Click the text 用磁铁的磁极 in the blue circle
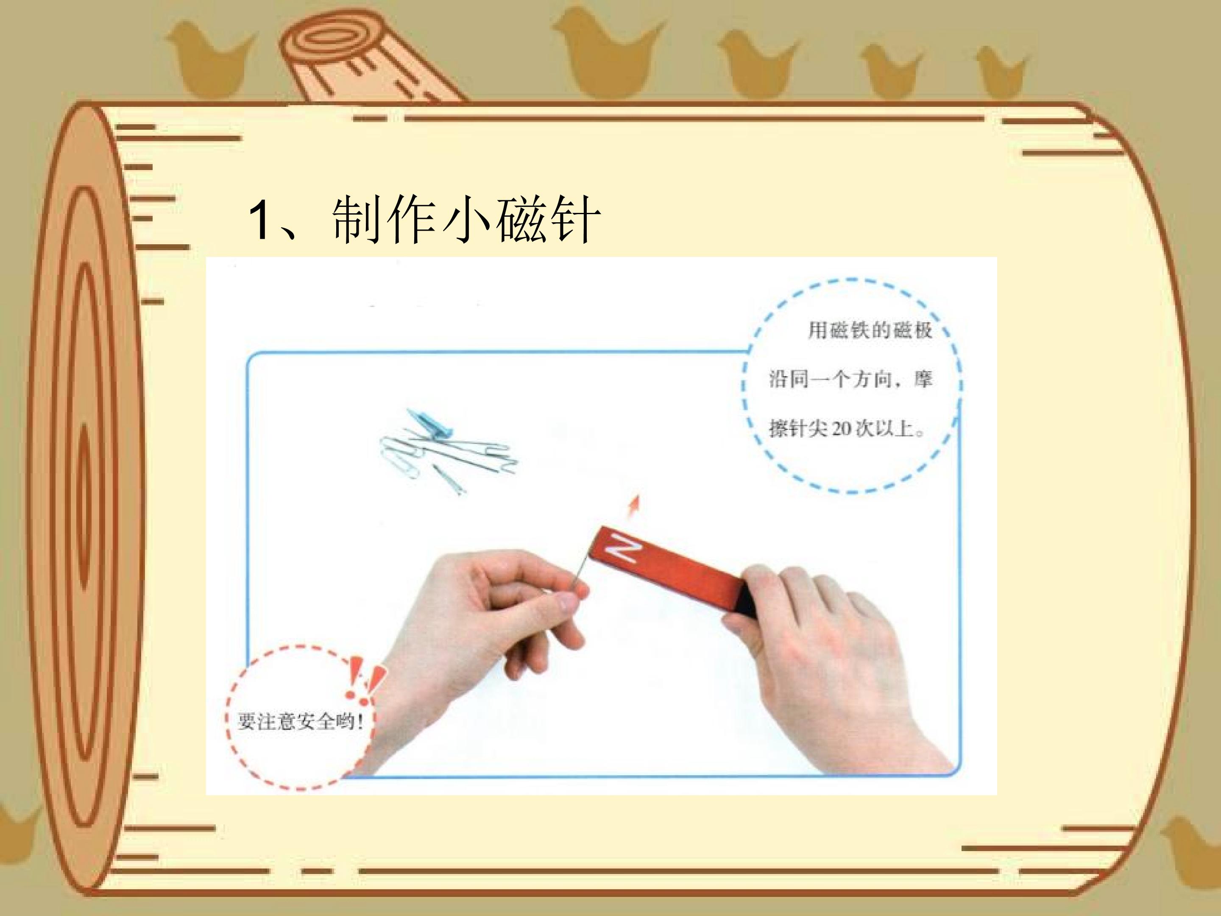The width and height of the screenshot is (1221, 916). point(870,330)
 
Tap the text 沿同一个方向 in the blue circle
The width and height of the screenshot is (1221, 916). point(831,379)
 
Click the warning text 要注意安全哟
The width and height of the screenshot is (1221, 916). point(296,721)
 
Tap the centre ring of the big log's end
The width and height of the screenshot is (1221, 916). point(83,505)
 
